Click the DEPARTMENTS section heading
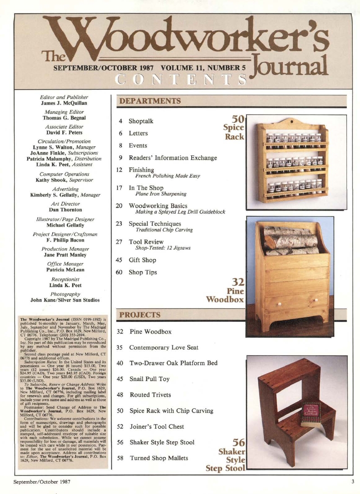coord(150,101)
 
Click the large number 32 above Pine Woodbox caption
coord(237,283)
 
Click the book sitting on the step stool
coord(311,413)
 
